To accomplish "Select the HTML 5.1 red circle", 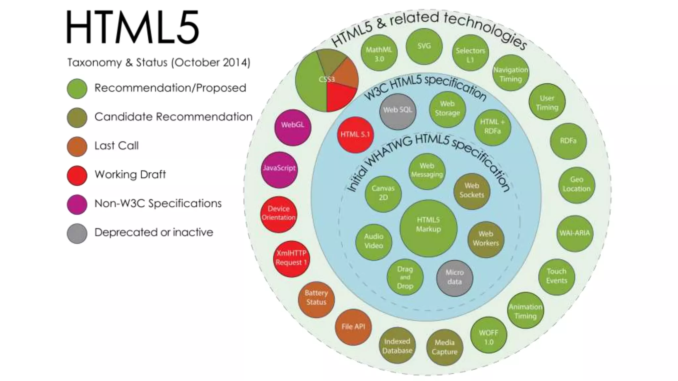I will [355, 135].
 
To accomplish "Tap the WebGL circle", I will [293, 127].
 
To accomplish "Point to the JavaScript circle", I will [279, 170].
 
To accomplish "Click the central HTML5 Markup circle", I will [428, 228].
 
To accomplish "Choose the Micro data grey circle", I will [455, 277].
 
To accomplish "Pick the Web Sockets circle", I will [472, 191].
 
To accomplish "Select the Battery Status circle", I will [316, 299].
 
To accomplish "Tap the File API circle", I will [353, 327].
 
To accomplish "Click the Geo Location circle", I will [576, 185].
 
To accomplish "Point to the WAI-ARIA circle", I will [575, 233].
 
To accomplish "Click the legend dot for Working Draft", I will [77, 175].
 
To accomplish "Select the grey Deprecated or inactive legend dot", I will [77, 233].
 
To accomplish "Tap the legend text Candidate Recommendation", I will [173, 117].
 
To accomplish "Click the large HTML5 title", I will [132, 27].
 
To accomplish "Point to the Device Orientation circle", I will [278, 214].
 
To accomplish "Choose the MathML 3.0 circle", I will [379, 54].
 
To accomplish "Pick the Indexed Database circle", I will [397, 346].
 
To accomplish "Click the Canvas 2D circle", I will [383, 193].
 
